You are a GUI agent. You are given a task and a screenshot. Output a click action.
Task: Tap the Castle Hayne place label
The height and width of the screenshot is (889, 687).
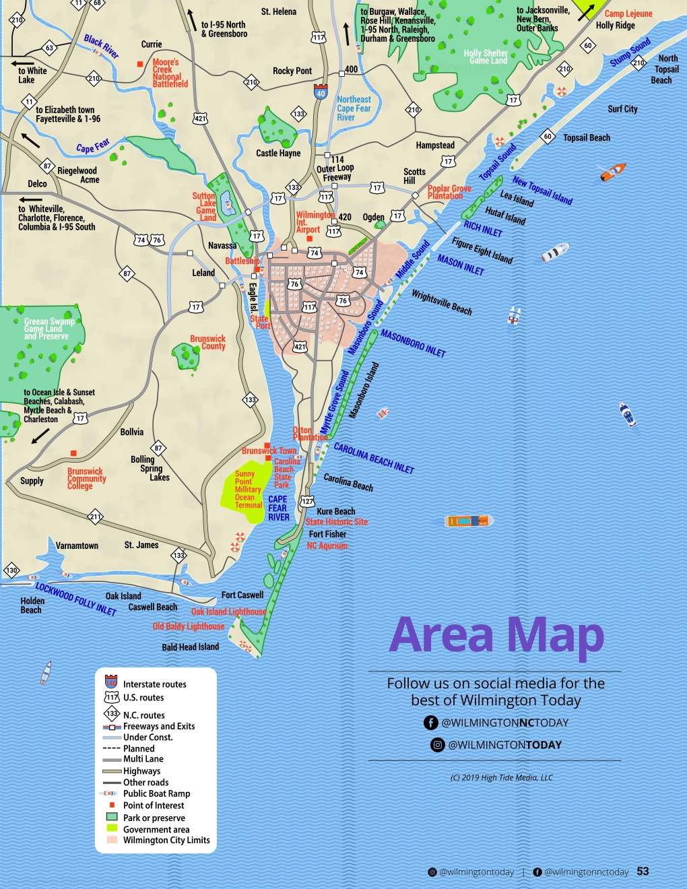point(278,154)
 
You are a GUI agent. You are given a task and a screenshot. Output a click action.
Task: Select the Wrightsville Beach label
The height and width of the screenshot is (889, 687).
point(442,302)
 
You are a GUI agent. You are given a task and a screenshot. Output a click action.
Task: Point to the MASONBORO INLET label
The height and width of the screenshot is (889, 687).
point(413,343)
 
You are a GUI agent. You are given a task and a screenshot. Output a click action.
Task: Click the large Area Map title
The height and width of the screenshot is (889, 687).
point(496,635)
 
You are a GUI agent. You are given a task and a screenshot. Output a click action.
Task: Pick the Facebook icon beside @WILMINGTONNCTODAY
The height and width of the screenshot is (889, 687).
point(431,723)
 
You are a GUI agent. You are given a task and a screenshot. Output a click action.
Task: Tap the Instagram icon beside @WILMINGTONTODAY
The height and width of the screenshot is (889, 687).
point(438,745)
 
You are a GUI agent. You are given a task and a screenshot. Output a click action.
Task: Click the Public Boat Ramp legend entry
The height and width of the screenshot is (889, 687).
point(156,793)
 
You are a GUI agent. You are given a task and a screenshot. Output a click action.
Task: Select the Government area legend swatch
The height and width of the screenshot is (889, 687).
point(112,828)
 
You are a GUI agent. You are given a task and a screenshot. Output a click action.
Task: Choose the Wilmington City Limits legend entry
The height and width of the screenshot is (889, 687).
point(166,840)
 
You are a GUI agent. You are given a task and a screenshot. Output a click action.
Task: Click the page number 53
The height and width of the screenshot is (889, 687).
point(643,871)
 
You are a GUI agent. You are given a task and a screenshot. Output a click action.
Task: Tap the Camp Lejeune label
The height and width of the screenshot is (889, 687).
point(628,13)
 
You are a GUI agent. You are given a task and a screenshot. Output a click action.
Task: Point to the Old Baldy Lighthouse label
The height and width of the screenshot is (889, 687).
point(189,626)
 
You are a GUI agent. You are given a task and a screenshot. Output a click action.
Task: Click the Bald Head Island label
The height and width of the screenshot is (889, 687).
point(190,647)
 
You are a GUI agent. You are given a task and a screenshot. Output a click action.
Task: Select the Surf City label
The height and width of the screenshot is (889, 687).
point(622,109)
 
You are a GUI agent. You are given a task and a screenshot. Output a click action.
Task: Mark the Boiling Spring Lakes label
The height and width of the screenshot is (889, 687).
point(150,468)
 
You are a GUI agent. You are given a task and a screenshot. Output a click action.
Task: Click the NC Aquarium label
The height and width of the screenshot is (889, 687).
point(327,546)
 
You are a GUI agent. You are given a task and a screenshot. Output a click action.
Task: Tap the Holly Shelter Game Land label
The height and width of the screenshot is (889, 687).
point(486,57)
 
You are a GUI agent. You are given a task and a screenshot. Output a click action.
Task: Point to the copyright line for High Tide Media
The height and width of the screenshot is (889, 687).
point(502,777)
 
